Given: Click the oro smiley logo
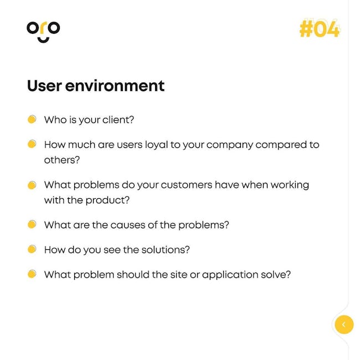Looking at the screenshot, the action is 43,32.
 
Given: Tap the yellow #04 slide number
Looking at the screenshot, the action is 320,29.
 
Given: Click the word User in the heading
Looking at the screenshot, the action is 44,86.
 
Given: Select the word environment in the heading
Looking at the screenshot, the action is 115,86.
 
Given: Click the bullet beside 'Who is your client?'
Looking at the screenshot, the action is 32,120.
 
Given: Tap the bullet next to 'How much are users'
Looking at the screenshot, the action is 32,144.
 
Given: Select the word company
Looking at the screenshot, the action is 229,145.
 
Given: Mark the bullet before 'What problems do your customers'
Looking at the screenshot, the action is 32,185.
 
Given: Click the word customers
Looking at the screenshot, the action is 187,185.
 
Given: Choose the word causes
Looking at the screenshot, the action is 128,225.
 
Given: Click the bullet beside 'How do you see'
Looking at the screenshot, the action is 32,249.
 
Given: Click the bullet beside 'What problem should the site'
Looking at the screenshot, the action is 32,274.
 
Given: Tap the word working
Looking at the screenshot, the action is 290,186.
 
